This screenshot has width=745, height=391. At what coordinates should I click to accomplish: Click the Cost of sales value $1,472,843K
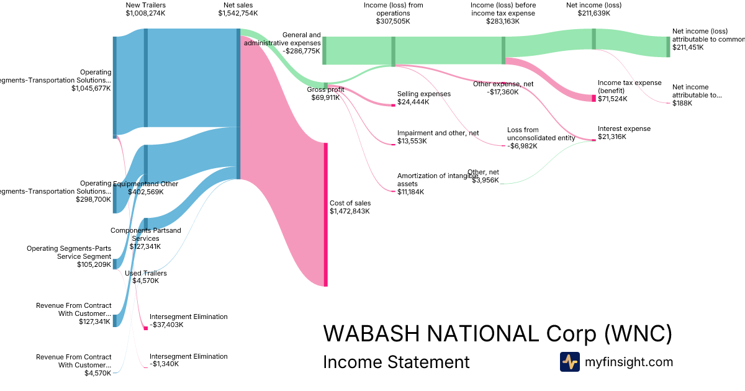pos(350,211)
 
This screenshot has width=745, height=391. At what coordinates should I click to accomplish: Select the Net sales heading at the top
pos(238,5)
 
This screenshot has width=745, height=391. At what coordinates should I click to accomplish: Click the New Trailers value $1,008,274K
pos(145,13)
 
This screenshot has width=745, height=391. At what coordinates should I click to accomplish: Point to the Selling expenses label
pos(423,94)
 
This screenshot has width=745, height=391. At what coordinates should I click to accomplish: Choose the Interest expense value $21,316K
pos(612,137)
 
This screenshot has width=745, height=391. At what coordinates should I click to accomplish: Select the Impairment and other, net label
pos(438,133)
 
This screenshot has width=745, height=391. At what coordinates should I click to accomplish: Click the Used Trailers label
pos(146,273)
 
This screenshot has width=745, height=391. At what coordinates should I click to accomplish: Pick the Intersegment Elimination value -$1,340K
pos(164,364)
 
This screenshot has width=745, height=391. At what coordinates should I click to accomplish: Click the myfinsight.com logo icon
pos(569,362)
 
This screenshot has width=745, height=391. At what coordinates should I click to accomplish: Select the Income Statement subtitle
pos(396,362)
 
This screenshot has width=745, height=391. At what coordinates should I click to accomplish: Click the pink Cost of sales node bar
pos(325,214)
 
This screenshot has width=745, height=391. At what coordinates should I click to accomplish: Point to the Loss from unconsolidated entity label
pos(541,133)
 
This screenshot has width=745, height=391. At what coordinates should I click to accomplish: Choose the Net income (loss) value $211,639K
pos(594,13)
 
